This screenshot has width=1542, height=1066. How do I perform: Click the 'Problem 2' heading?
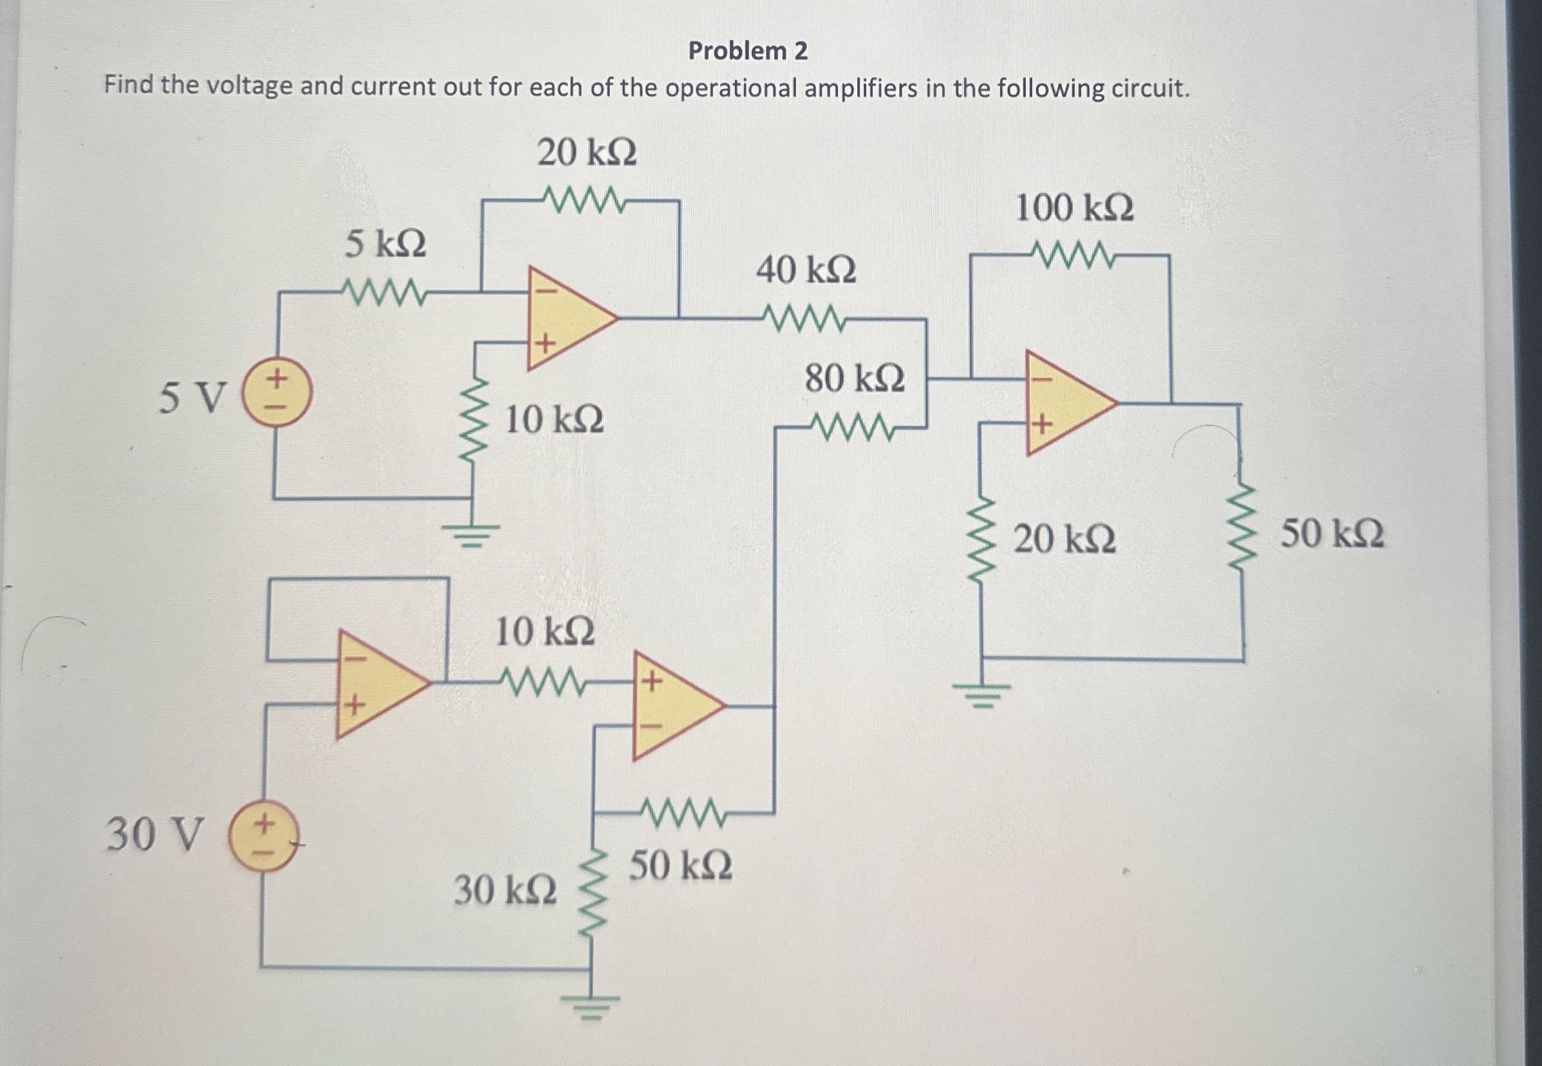click(x=748, y=51)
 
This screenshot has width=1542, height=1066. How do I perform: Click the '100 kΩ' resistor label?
click(x=1074, y=209)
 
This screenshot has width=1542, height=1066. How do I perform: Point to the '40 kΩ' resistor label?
click(x=805, y=271)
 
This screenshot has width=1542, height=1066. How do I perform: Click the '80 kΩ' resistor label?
click(x=854, y=379)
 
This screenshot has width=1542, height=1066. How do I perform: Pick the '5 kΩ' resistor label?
click(x=385, y=244)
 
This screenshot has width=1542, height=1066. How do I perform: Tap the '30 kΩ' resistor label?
click(x=505, y=891)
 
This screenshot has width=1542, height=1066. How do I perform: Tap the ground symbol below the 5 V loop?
click(x=474, y=534)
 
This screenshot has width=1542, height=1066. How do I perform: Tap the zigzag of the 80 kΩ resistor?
click(x=853, y=427)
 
